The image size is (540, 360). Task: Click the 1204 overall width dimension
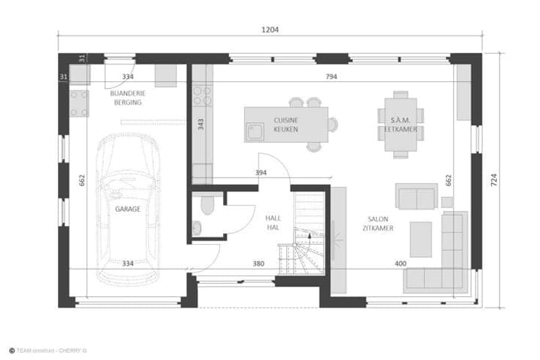[x=270, y=29]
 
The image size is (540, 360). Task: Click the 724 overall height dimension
[x=494, y=180]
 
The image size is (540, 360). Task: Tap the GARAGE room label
[x=128, y=209]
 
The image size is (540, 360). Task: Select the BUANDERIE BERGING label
[x=128, y=98]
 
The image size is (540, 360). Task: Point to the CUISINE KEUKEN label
[x=286, y=125]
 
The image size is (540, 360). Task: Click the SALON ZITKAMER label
[x=378, y=224]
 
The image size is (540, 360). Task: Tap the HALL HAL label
[x=273, y=223]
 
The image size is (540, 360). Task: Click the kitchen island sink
[x=255, y=132]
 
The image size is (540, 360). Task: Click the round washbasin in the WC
[x=197, y=228]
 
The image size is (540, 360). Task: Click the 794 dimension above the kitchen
[x=332, y=76]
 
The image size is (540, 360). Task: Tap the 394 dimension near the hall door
[x=260, y=172]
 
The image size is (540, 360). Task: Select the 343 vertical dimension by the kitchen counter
[x=201, y=124]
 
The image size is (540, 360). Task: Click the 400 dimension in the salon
[x=400, y=264]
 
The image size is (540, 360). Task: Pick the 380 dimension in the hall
[x=258, y=264]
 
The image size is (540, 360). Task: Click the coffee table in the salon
[x=420, y=239]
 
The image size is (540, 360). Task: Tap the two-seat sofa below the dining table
[x=416, y=196]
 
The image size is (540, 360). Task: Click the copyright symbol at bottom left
[x=12, y=350]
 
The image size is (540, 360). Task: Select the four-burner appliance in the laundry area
[x=79, y=103]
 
